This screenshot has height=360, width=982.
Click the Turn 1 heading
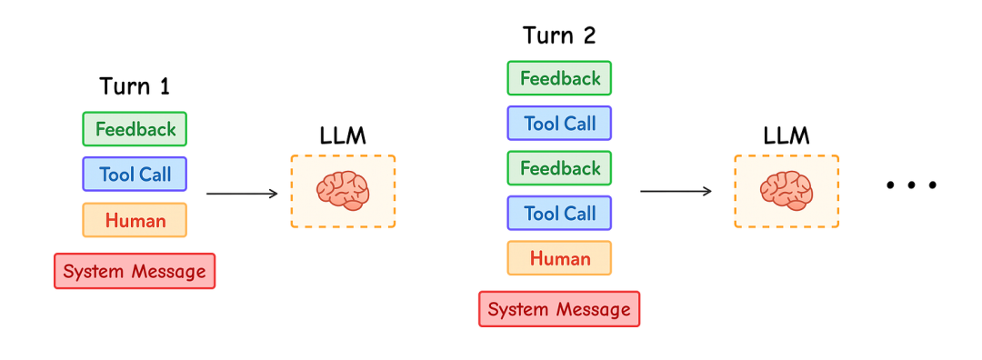click(135, 85)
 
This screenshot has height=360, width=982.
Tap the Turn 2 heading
click(559, 35)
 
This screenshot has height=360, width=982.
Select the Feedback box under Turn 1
click(135, 129)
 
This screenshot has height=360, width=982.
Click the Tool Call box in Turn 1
click(135, 174)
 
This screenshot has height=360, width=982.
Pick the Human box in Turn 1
click(135, 220)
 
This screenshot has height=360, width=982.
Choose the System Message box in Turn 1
click(135, 271)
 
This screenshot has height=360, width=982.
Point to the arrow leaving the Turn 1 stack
click(242, 194)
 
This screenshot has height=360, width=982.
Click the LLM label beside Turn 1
click(343, 135)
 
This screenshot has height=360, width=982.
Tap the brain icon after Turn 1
click(343, 191)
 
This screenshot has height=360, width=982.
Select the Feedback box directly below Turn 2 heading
click(559, 78)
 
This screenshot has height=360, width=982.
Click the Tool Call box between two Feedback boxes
click(559, 124)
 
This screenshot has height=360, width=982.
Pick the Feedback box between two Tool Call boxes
click(559, 168)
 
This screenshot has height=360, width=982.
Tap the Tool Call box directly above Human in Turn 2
click(559, 214)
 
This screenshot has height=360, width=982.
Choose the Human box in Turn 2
click(559, 258)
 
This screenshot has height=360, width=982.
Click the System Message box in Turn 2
click(559, 309)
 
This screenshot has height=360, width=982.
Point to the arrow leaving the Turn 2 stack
click(676, 191)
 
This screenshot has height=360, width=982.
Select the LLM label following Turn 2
click(787, 135)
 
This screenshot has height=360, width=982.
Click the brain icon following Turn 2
click(787, 191)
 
